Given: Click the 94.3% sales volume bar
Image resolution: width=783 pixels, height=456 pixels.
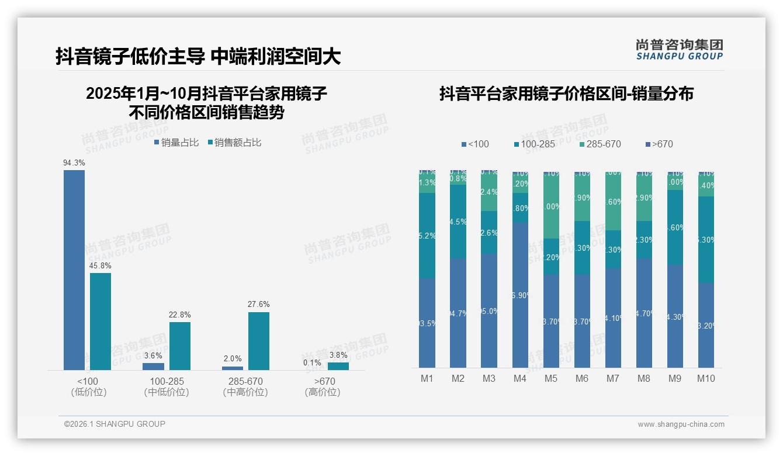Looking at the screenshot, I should (x=74, y=270).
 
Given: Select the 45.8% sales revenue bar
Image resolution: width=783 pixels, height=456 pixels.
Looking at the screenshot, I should (x=101, y=321).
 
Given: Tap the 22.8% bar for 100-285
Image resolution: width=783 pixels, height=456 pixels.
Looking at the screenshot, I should (x=180, y=346).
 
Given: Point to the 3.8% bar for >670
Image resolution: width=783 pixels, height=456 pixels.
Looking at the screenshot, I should (x=338, y=366).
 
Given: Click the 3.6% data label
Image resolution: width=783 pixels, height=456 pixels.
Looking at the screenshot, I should (x=153, y=355).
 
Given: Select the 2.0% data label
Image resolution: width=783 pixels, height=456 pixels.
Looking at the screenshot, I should (x=232, y=359).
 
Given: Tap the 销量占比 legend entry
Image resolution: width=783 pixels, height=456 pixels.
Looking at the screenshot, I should (x=176, y=143).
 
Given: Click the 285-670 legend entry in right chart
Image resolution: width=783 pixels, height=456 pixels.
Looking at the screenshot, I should (x=600, y=144).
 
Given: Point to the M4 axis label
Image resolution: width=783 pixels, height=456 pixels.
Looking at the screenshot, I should (x=520, y=378).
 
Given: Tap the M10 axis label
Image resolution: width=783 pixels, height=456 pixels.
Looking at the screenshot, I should (x=706, y=378).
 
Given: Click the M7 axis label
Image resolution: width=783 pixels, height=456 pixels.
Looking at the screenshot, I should (x=613, y=378).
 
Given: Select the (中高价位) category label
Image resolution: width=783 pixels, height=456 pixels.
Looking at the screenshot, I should (x=245, y=392).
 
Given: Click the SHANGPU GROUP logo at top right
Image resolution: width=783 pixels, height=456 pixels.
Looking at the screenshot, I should (x=679, y=50).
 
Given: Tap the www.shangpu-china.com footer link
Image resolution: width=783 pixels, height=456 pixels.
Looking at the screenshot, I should (x=681, y=424).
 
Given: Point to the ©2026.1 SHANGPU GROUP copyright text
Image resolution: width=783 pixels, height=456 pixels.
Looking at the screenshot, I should (x=115, y=424).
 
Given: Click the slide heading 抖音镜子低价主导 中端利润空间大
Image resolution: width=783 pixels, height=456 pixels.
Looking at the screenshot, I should (x=198, y=56).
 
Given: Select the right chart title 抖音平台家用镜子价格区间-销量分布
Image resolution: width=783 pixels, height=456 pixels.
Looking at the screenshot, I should (x=566, y=94).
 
